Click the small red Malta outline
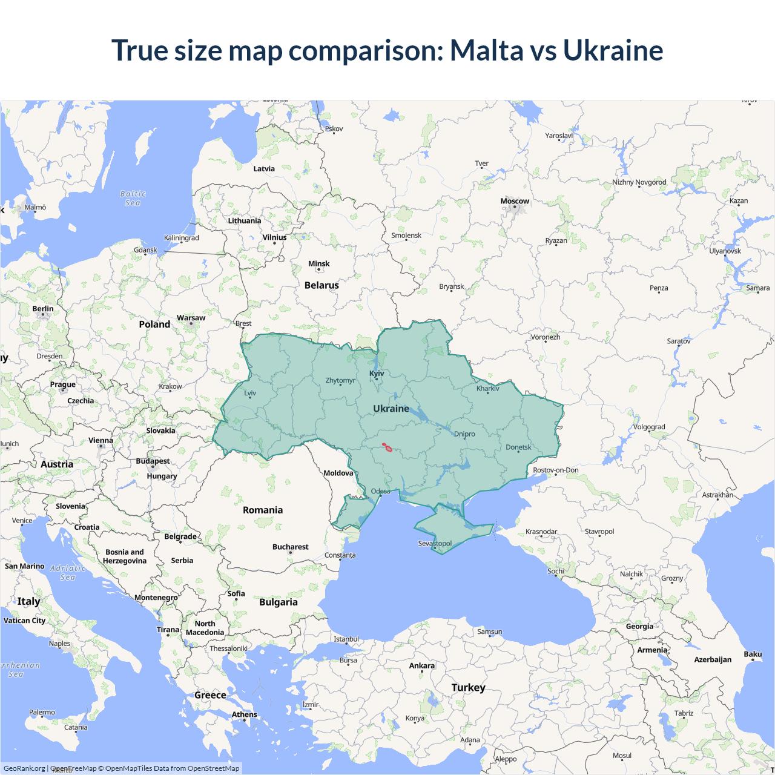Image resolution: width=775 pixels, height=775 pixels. [387, 447]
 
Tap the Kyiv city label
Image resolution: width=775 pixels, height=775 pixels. [377, 374]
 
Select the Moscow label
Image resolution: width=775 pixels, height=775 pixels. [515, 201]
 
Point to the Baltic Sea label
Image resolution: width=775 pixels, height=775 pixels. [133, 198]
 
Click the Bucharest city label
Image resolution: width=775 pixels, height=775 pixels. [290, 547]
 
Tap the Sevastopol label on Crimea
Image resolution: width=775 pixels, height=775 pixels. [435, 543]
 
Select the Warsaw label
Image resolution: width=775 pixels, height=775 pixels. [191, 318]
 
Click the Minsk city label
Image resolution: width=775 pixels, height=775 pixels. [318, 264]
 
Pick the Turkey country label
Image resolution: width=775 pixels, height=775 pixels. [468, 687]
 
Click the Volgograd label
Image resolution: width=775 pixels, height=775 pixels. [649, 427]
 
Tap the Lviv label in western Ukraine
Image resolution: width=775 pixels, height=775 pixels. [250, 393]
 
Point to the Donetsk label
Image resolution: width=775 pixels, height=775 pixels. [518, 447]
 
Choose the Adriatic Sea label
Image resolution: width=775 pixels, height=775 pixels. [68, 572]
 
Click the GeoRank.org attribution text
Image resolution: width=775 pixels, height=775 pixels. [24, 768]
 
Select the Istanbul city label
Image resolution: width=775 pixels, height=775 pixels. [346, 639]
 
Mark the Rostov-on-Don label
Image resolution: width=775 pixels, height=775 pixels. [555, 470]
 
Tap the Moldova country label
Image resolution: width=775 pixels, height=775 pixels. [338, 473]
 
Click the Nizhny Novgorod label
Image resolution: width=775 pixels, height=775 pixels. [639, 182]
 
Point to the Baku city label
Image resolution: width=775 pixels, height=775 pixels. [753, 654]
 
